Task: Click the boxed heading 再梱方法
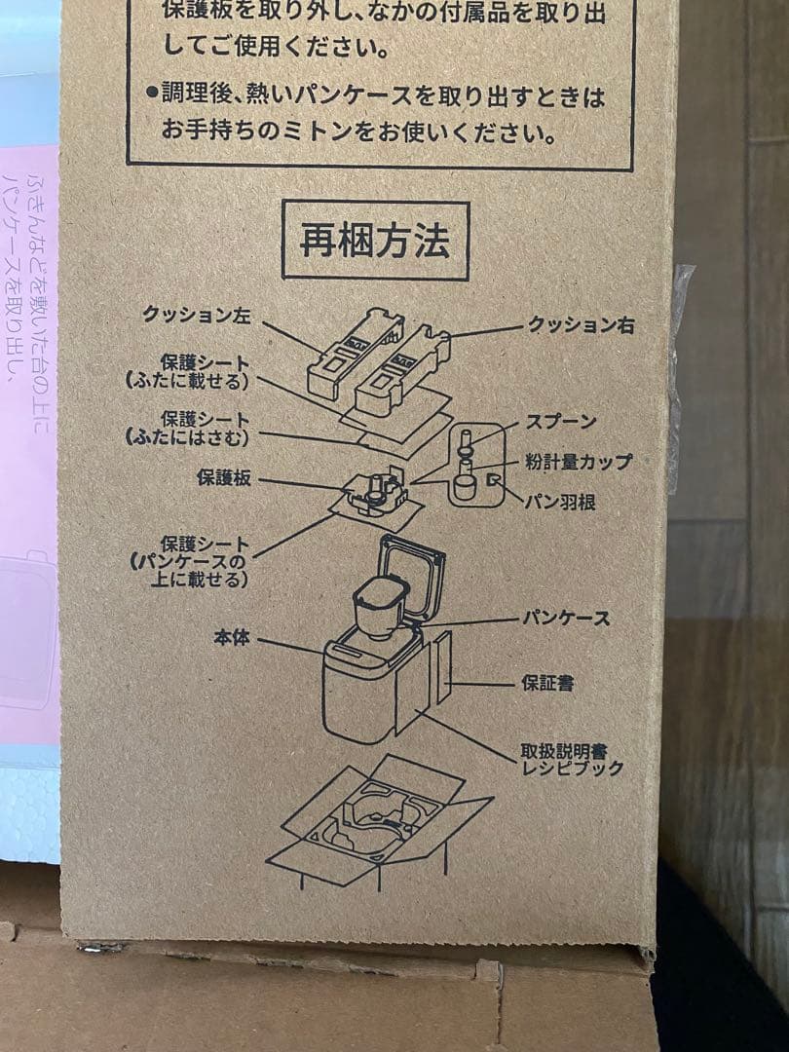click(x=375, y=241)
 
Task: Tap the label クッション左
click(x=196, y=315)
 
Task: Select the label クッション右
click(x=581, y=325)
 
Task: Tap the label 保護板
click(x=224, y=477)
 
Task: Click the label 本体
click(x=232, y=638)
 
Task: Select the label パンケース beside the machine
click(x=566, y=618)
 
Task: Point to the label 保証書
click(x=547, y=683)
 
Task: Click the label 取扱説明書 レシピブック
click(x=570, y=760)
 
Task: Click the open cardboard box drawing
click(x=380, y=818)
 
